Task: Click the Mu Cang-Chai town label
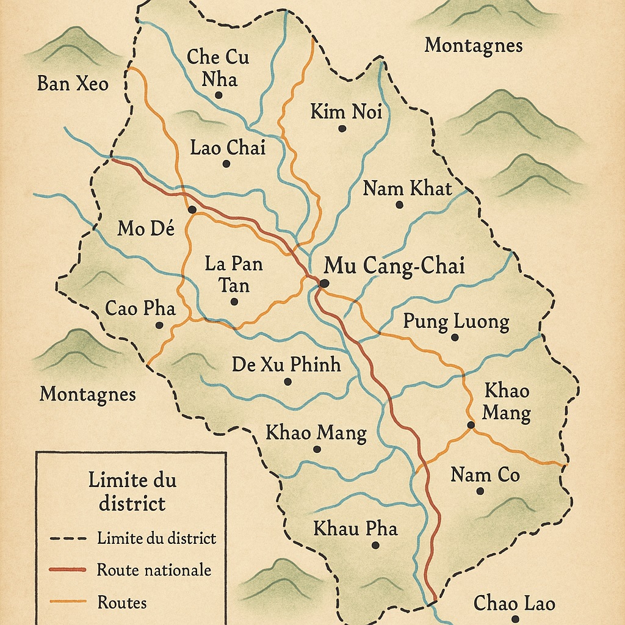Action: point(394,266)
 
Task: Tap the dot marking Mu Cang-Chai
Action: point(324,283)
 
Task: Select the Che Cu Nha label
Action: point(218,67)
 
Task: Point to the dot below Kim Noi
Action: point(342,128)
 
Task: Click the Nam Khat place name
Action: point(407,188)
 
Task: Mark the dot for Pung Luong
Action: point(454,337)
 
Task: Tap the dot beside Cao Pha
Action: point(159,325)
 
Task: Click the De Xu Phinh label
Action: point(286,364)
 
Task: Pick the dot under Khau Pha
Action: point(375,545)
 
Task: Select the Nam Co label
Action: point(485,474)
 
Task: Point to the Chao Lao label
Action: point(514,604)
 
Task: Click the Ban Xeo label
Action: point(73,83)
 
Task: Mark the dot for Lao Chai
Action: point(226,164)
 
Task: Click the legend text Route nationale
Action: point(154,570)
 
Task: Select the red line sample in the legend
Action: point(67,570)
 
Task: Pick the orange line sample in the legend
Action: point(67,602)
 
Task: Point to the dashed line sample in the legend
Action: point(67,538)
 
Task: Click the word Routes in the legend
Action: point(122,602)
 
